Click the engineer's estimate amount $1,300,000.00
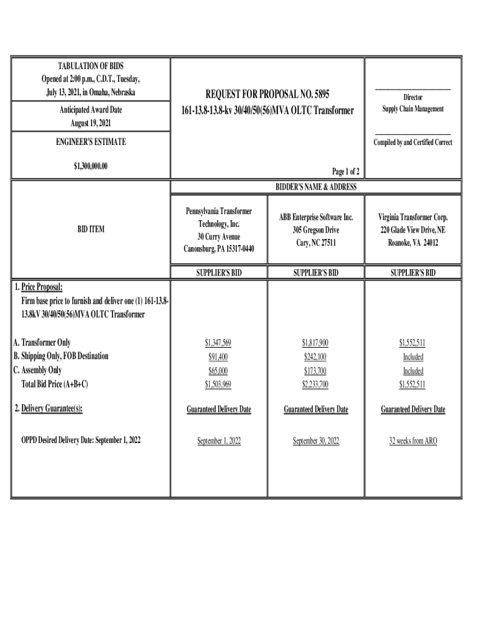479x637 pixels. click(x=91, y=166)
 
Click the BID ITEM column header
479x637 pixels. click(x=91, y=230)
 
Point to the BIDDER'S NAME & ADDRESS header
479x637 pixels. click(x=316, y=187)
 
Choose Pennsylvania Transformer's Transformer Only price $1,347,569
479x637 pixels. click(x=218, y=343)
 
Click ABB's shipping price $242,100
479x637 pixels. click(x=315, y=356)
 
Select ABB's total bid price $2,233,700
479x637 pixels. click(x=315, y=384)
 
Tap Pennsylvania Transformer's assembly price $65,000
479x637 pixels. click(x=218, y=371)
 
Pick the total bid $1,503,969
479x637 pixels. click(x=218, y=384)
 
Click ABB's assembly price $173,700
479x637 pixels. click(x=315, y=371)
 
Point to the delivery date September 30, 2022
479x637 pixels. click(x=315, y=440)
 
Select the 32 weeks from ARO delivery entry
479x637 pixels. click(x=413, y=440)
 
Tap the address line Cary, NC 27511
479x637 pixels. click(x=315, y=243)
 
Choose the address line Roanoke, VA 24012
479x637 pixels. click(x=413, y=243)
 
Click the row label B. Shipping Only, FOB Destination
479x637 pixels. click(x=61, y=356)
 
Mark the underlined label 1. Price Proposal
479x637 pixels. click(x=38, y=287)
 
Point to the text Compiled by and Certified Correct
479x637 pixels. click(x=413, y=142)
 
